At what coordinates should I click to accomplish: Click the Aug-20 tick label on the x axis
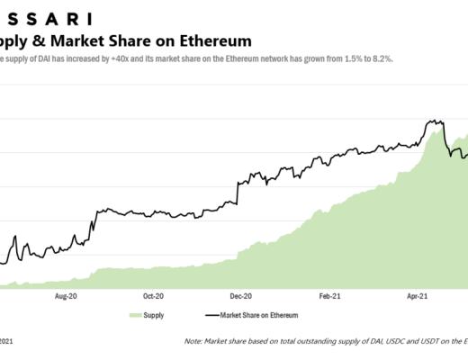(x=67, y=294)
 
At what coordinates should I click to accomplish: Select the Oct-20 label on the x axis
(x=153, y=294)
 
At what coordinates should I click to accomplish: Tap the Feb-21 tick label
(x=328, y=294)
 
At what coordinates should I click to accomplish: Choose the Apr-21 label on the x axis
(x=416, y=294)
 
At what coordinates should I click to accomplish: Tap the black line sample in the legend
(x=213, y=316)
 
